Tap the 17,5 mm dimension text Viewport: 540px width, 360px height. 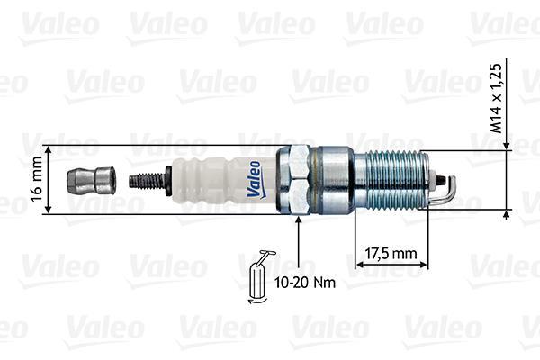pyautogui.click(x=390, y=254)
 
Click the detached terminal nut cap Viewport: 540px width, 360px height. pyautogui.click(x=91, y=180)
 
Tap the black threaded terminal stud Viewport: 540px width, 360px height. pyautogui.click(x=148, y=180)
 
